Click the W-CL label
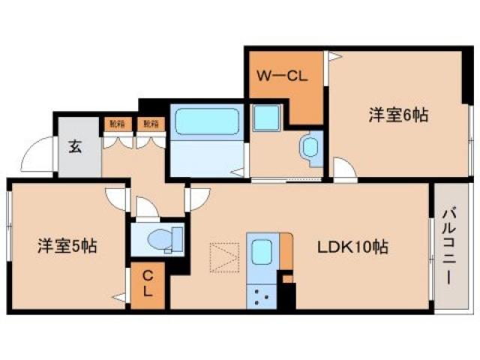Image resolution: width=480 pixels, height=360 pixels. [282, 76]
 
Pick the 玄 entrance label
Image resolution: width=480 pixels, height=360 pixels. [76, 146]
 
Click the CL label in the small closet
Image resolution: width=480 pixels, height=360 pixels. [148, 285]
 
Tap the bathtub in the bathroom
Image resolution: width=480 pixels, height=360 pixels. [206, 121]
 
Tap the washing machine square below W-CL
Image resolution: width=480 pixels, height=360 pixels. [264, 118]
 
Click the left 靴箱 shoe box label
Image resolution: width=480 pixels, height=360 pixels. [116, 124]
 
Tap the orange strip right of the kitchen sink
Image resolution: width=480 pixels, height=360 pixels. [286, 253]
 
